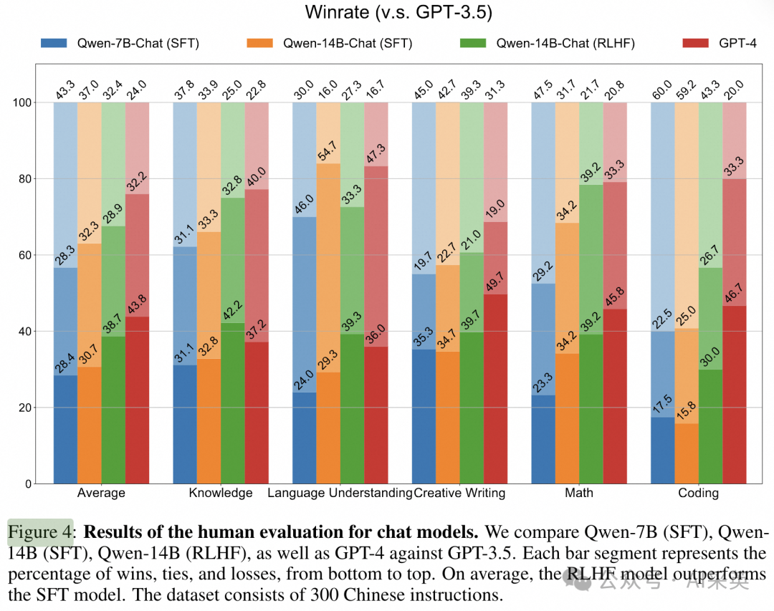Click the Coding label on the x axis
(x=698, y=493)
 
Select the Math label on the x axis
(x=579, y=493)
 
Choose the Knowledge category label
(x=221, y=493)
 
